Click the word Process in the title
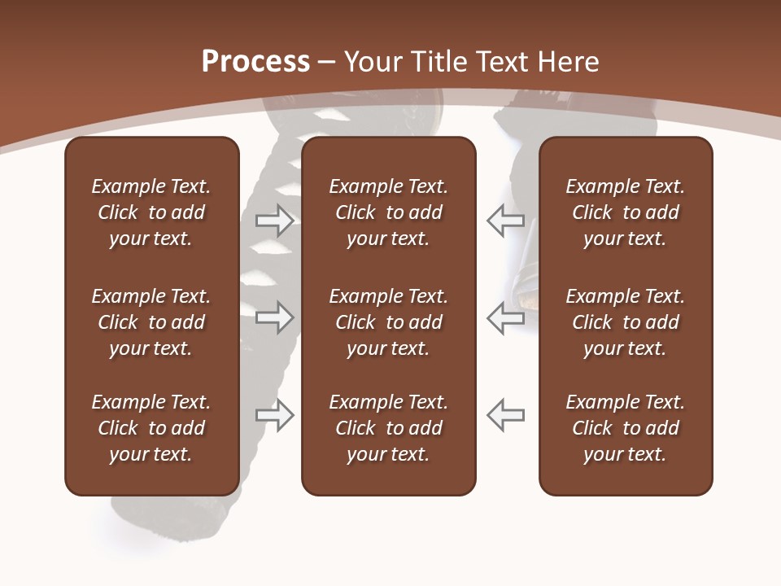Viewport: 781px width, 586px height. tap(255, 62)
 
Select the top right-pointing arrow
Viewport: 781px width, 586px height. tap(275, 221)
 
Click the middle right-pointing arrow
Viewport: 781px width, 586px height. tap(275, 317)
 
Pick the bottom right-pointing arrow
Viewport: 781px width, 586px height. tap(275, 415)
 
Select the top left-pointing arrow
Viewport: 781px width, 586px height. tap(505, 221)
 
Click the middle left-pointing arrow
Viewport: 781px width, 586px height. tap(505, 317)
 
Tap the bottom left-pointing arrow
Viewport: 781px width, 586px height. tap(505, 415)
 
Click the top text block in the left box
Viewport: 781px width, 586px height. tap(151, 212)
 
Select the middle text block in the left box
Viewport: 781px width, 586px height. tap(151, 322)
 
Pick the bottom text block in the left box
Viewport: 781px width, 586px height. tap(151, 428)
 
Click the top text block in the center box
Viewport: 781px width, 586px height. tap(388, 212)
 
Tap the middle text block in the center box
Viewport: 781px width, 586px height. tap(388, 322)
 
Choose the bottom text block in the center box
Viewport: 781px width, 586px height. tap(388, 428)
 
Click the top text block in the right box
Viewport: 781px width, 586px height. tap(625, 212)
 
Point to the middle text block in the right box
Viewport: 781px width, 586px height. tap(625, 322)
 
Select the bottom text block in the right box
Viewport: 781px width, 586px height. tap(625, 428)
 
